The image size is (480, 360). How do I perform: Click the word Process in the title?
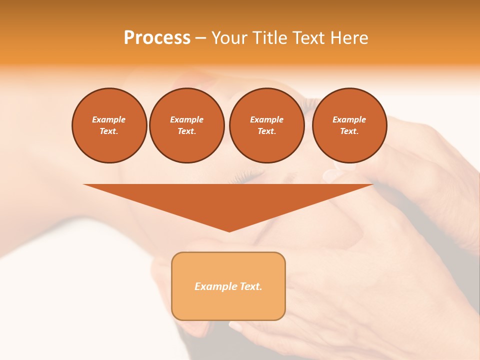click(157, 38)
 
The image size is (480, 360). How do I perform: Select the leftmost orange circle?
click(109, 125)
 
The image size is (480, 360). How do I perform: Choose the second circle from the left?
click(186, 125)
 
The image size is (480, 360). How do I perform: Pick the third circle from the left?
click(266, 125)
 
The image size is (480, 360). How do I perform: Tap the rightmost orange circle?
click(349, 125)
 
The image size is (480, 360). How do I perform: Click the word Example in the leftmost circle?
click(109, 119)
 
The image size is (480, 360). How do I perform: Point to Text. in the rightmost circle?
click(349, 131)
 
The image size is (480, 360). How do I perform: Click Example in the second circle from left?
click(186, 119)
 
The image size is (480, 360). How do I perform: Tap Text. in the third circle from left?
click(266, 131)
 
